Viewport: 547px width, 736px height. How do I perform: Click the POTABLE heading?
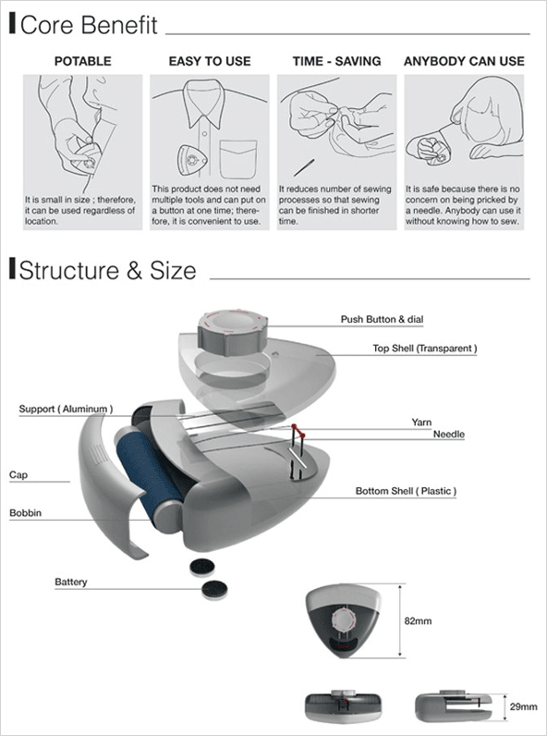pos(82,62)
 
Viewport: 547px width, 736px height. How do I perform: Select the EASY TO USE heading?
pos(210,62)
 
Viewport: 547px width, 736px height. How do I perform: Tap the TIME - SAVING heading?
pos(336,62)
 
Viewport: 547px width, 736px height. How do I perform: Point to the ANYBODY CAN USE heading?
pos(464,62)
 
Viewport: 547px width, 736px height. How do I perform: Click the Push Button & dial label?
pos(382,320)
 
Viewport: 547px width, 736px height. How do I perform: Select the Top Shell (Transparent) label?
pos(425,349)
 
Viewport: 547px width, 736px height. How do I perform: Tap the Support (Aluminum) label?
pos(66,409)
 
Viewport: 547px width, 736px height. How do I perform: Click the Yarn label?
pos(421,423)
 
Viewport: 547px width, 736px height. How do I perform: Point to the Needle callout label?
pos(448,435)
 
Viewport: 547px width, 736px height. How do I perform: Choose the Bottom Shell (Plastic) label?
pos(406,491)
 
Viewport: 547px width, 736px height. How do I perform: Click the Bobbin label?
pos(25,513)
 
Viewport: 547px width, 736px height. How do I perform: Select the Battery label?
pos(71,582)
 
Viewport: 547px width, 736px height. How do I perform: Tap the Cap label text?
pos(18,475)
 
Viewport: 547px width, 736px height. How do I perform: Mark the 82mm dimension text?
pos(418,621)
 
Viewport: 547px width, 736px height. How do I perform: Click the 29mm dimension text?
pos(524,706)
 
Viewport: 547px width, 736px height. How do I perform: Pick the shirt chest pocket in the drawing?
pos(238,159)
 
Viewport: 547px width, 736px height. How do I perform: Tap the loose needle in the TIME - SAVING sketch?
pos(304,167)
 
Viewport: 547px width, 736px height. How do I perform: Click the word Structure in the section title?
pos(69,270)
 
